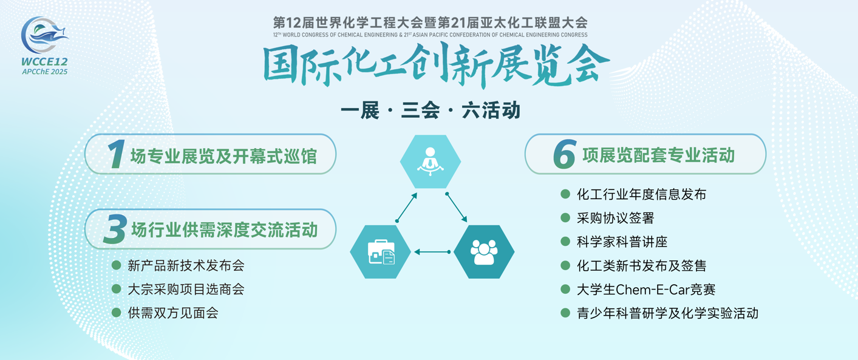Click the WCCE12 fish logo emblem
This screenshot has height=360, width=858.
click(44, 35)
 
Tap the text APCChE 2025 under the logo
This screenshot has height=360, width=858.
click(45, 72)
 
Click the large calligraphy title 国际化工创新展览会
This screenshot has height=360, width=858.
click(436, 65)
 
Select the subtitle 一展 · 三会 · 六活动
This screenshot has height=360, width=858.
click(430, 110)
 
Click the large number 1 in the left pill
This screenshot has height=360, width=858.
click(117, 154)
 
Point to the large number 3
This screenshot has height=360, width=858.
click(115, 229)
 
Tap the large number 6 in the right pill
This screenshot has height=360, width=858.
click(564, 154)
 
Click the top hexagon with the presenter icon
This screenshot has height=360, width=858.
click(430, 161)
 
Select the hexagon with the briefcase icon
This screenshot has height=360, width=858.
click(380, 251)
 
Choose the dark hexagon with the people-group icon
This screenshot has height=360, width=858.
click(484, 251)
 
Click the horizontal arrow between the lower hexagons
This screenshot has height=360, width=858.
click(432, 251)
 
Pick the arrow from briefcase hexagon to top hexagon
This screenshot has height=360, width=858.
click(407, 207)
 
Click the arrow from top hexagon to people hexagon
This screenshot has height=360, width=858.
click(456, 207)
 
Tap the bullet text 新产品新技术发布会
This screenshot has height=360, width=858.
click(186, 265)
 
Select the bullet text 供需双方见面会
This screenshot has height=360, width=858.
click(173, 313)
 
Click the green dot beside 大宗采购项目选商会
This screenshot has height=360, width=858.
click(116, 289)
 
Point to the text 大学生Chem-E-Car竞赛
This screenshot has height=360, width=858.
click(646, 290)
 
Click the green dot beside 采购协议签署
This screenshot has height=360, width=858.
click(565, 217)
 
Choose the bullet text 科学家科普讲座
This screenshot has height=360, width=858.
click(622, 242)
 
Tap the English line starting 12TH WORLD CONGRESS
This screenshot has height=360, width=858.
click(430, 35)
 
